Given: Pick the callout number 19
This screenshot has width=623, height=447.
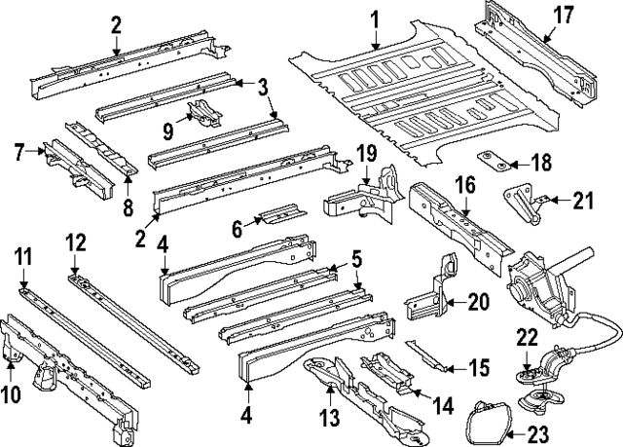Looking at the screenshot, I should pyautogui.click(x=365, y=154).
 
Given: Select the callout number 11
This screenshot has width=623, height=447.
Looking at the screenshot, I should pyautogui.click(x=22, y=256).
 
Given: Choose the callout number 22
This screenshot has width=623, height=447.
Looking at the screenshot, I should pyautogui.click(x=527, y=338).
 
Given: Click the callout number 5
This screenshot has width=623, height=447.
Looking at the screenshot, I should pyautogui.click(x=357, y=260).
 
